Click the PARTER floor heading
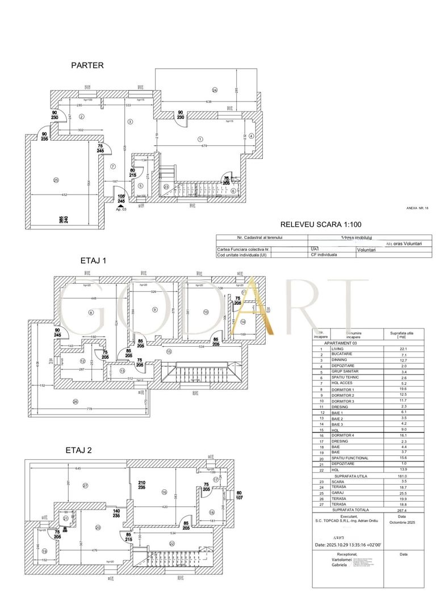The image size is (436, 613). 87,65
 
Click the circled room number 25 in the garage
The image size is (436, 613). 56,180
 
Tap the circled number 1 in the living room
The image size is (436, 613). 200,139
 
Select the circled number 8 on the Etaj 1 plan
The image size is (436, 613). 90,313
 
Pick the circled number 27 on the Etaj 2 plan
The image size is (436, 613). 86,485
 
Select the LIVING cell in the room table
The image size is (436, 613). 339,349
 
